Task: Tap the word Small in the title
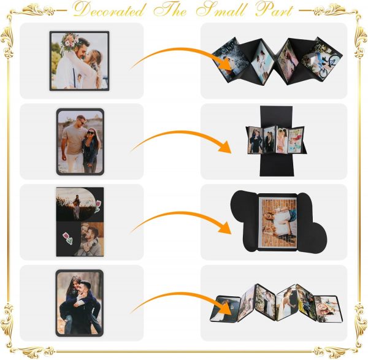221,9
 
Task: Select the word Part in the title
275,10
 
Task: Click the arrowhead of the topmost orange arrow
226,64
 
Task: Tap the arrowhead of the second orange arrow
225,147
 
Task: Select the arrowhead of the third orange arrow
225,228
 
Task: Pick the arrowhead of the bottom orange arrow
225,308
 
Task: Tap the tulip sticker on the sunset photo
98,206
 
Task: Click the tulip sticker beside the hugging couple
67,238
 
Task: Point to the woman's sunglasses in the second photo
90,133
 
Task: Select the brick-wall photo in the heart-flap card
278,222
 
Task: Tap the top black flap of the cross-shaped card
276,116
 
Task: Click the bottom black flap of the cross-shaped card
277,165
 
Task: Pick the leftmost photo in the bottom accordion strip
225,308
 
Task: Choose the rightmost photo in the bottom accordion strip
328,308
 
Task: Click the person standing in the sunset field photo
77,207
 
